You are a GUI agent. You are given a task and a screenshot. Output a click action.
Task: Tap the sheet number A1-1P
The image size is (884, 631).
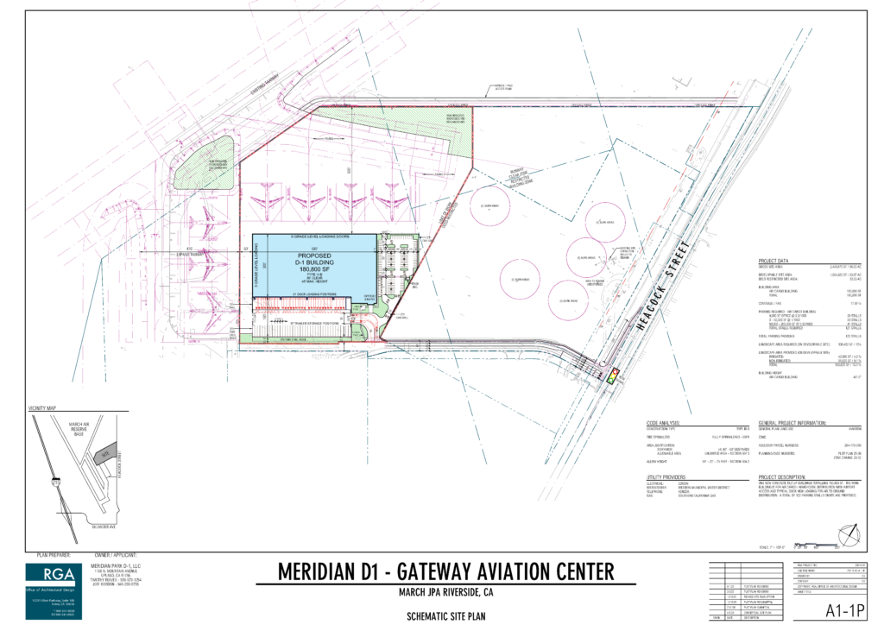pos(843,612)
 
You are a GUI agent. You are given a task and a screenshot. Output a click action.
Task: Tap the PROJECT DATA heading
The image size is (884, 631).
pos(776,260)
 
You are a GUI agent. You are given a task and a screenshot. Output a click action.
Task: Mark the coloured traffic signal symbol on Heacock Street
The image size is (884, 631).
pos(614,376)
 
